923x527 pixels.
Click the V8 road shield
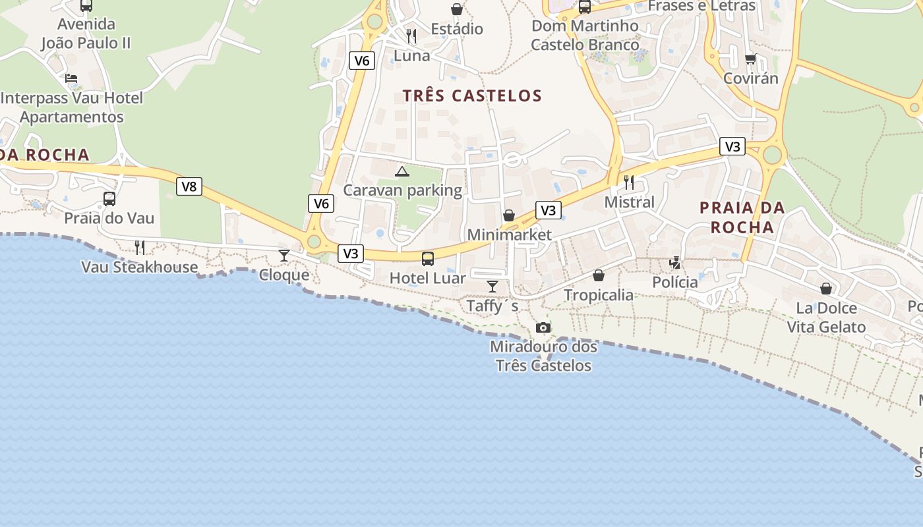click(x=189, y=186)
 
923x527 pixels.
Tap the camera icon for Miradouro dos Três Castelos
click(x=543, y=327)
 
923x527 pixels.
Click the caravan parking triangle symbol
click(x=402, y=172)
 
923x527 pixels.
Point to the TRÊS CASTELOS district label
click(x=472, y=96)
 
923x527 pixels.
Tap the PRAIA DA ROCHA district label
click(x=742, y=217)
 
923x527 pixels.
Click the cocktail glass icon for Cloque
click(x=284, y=255)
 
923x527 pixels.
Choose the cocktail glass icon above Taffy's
click(x=492, y=286)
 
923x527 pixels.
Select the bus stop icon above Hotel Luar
click(x=428, y=258)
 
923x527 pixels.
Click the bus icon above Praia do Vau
click(x=109, y=198)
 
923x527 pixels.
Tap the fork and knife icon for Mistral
click(x=629, y=182)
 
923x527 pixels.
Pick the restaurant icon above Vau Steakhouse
click(x=140, y=247)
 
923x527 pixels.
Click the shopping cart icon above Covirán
click(x=750, y=59)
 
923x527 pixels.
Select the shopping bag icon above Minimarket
click(x=509, y=215)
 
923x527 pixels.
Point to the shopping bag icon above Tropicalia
click(x=599, y=275)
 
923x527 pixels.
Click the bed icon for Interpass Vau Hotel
click(x=71, y=78)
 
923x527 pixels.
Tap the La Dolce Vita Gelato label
click(x=826, y=318)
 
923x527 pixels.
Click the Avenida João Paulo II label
click(x=86, y=34)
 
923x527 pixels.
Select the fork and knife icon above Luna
click(x=411, y=36)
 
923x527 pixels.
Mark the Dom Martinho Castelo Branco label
click(x=585, y=36)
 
